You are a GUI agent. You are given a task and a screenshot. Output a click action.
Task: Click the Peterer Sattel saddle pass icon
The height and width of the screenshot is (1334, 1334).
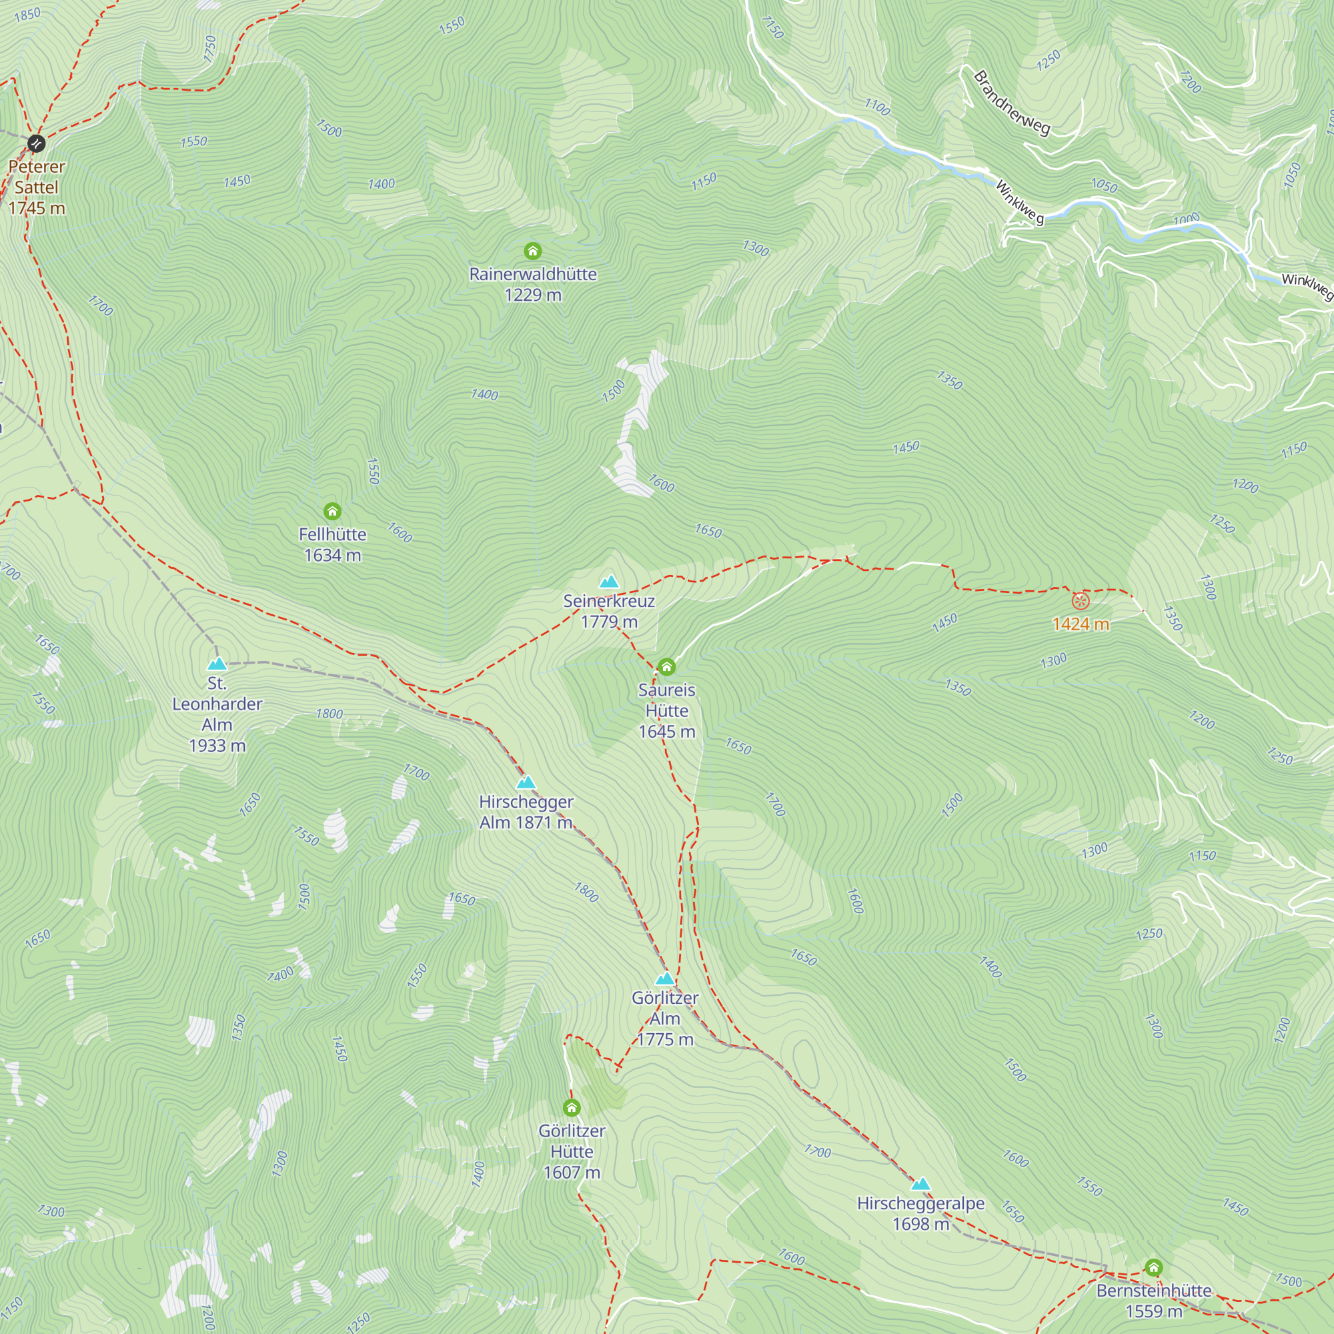tap(37, 143)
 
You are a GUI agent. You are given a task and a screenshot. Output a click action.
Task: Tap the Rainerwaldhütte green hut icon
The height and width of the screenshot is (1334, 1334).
tap(532, 251)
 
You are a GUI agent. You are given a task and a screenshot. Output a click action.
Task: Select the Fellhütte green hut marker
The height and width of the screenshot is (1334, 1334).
tap(332, 511)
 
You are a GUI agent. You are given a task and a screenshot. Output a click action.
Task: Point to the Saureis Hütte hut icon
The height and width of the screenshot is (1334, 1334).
tap(666, 666)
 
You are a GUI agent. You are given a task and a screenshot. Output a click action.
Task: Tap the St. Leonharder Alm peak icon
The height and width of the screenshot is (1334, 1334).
tap(217, 664)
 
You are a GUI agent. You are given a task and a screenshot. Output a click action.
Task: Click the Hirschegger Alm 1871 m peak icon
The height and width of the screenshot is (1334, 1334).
tap(526, 782)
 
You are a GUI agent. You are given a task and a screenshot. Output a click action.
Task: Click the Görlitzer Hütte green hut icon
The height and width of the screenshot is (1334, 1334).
tap(571, 1107)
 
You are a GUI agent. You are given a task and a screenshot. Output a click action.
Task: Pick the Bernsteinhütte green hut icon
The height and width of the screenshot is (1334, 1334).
tap(1153, 1267)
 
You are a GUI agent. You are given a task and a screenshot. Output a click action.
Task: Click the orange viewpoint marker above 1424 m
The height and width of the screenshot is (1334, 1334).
tap(1081, 601)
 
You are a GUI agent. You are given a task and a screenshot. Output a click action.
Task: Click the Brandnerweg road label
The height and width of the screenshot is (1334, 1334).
tap(1012, 103)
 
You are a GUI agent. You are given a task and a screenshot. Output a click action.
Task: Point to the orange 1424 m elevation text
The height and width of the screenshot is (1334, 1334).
tap(1081, 624)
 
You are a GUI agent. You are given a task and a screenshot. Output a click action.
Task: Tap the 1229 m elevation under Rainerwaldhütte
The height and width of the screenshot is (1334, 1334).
tap(532, 295)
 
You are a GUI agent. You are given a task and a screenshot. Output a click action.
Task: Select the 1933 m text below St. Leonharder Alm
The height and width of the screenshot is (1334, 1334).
tap(217, 746)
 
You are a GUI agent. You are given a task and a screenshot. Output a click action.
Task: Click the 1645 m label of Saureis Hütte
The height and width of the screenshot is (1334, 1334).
tap(666, 732)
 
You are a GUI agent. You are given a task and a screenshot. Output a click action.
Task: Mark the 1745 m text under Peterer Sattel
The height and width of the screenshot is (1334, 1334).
tap(37, 208)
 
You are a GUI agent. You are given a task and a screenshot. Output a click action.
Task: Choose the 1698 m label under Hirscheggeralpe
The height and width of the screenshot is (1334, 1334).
tap(920, 1224)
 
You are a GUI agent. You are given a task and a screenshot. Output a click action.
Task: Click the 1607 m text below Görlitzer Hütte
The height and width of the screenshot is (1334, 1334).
tap(571, 1173)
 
